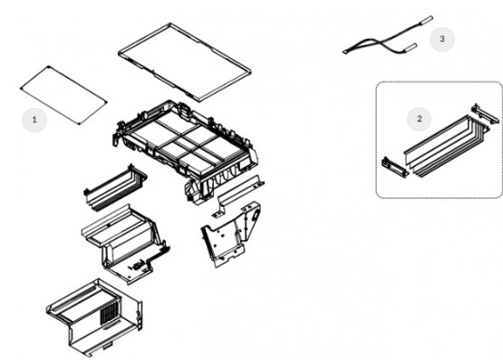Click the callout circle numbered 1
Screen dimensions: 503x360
pyautogui.click(x=34, y=120)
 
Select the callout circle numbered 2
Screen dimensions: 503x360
pyautogui.click(x=419, y=119)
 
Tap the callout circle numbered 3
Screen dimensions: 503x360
pyautogui.click(x=442, y=39)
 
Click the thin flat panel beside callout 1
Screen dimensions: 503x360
pyautogui.click(x=63, y=95)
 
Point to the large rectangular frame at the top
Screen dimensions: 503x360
pyautogui.click(x=185, y=62)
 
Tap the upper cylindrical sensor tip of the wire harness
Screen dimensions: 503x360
pyautogui.click(x=426, y=19)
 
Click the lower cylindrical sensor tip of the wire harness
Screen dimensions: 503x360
pyautogui.click(x=411, y=47)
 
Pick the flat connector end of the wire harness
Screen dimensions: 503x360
pyautogui.click(x=345, y=52)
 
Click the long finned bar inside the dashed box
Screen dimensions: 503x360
pyautogui.click(x=446, y=145)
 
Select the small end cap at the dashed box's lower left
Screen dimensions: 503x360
pyautogui.click(x=395, y=166)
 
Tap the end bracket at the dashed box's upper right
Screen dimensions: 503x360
pyautogui.click(x=485, y=114)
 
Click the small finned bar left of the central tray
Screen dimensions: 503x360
pyautogui.click(x=114, y=189)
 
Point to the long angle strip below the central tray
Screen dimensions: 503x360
pyautogui.click(x=238, y=196)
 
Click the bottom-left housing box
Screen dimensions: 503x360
pyautogui.click(x=94, y=317)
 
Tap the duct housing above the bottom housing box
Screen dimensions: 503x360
pyautogui.click(x=125, y=244)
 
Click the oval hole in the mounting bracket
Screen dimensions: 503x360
pyautogui.click(x=256, y=215)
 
